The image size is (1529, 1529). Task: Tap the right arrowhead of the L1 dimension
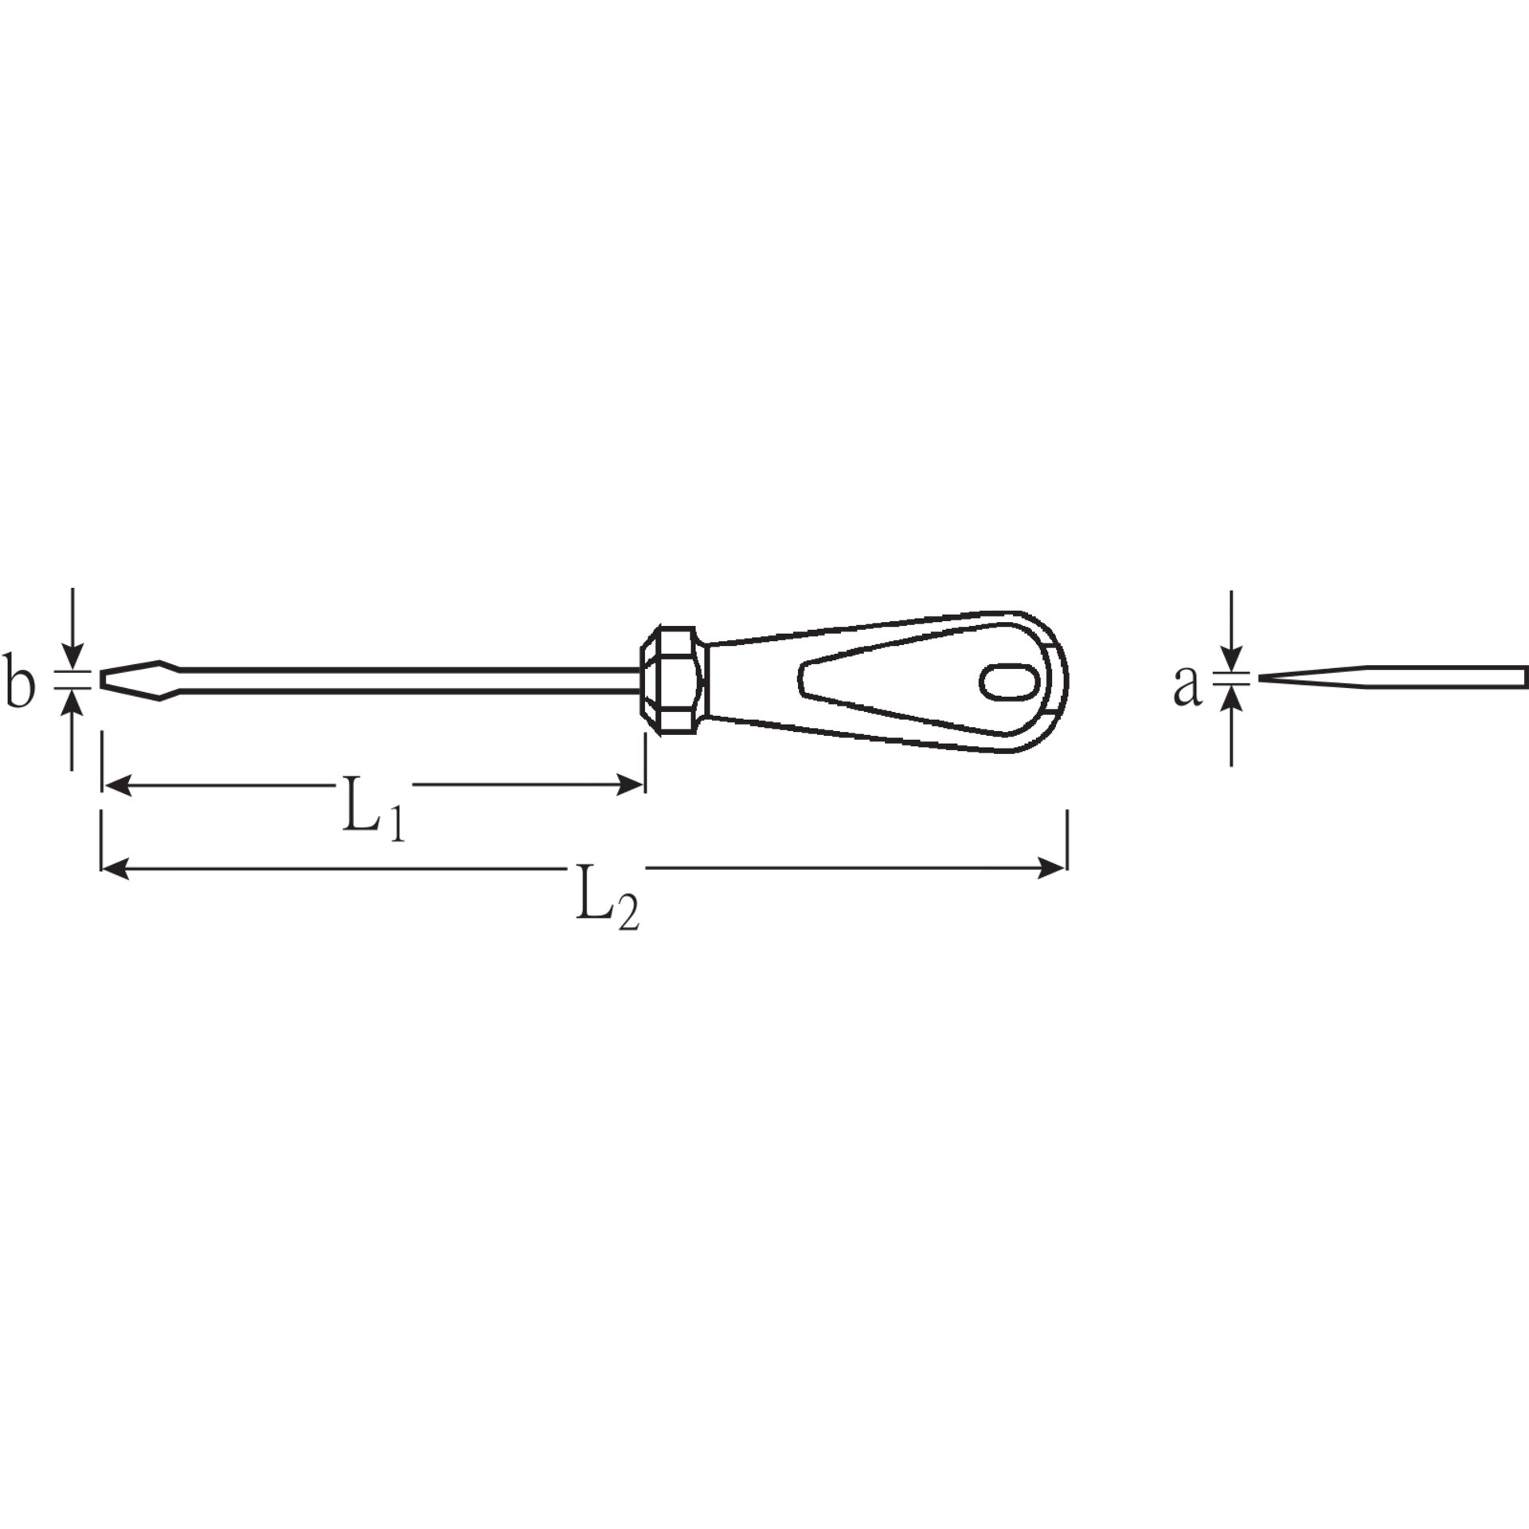tap(630, 786)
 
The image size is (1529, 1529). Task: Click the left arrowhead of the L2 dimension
tap(115, 868)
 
